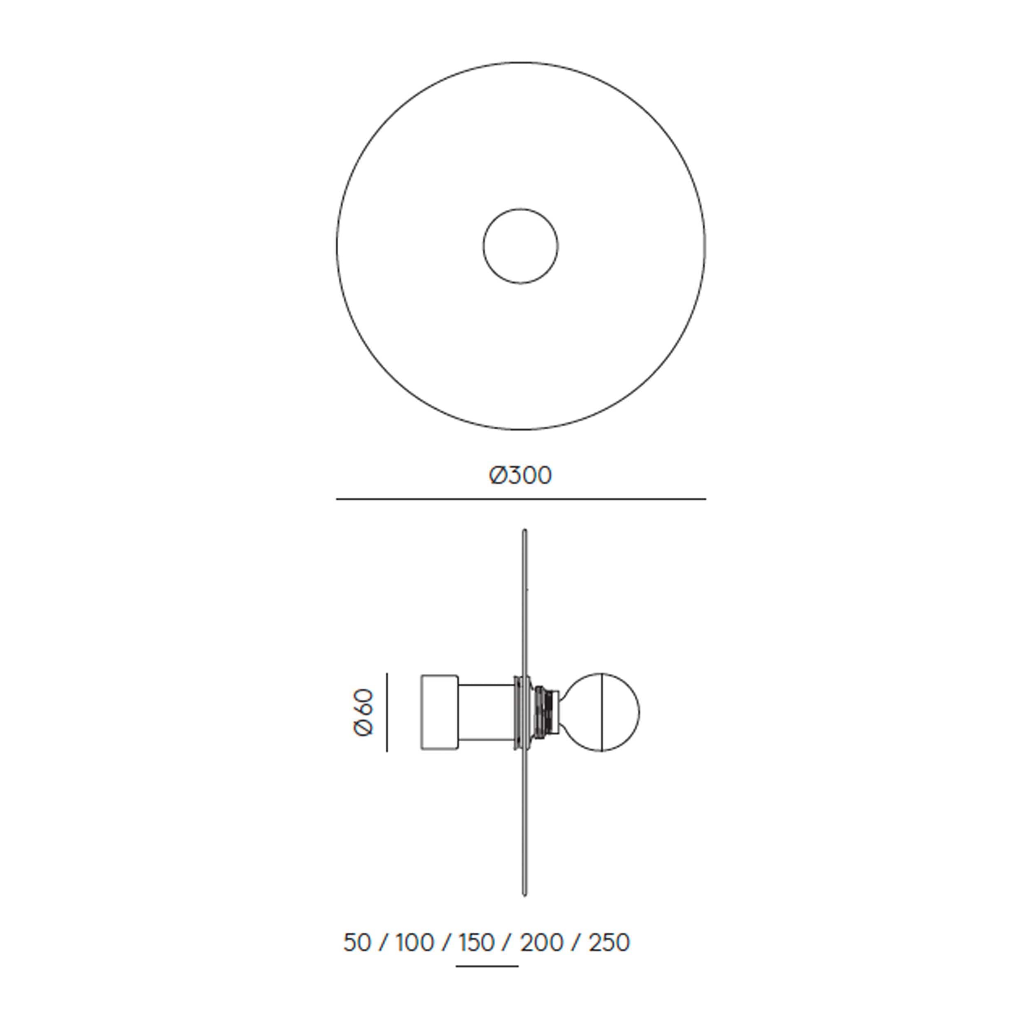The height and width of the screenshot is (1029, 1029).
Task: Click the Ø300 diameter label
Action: tap(520, 475)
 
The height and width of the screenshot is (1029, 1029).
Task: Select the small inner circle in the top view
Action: tap(520, 246)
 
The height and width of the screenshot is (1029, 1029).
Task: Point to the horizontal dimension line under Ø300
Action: tap(520, 499)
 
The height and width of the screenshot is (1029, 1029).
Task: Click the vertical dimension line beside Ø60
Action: tap(386, 712)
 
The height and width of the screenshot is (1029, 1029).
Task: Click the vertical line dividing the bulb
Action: tap(601, 712)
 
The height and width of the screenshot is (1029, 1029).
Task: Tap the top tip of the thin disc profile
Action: tap(525, 531)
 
